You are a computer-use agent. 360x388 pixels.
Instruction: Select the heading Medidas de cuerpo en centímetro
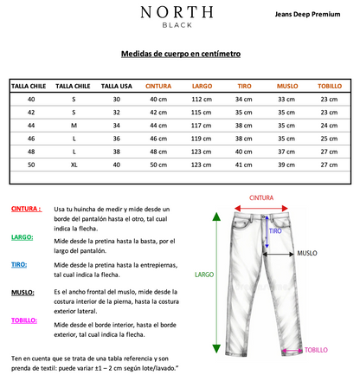[180, 53]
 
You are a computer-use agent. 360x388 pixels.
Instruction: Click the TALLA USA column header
[116, 87]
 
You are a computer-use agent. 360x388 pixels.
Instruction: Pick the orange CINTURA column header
[158, 87]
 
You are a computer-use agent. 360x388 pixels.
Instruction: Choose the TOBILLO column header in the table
[329, 87]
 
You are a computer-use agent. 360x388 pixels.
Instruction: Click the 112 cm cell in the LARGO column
[202, 100]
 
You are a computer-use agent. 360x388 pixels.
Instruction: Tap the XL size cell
[74, 165]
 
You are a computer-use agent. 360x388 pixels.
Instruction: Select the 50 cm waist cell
[158, 165]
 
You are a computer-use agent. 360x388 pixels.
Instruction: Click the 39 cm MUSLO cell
[286, 165]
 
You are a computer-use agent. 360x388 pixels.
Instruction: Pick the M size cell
[74, 126]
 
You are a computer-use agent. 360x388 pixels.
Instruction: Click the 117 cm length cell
[202, 126]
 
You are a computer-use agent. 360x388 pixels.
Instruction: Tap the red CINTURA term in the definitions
[26, 210]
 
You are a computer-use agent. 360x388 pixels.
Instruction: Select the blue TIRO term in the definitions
[18, 264]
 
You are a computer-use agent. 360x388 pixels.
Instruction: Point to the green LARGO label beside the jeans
[204, 275]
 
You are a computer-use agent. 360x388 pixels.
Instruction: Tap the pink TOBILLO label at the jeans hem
[316, 350]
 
